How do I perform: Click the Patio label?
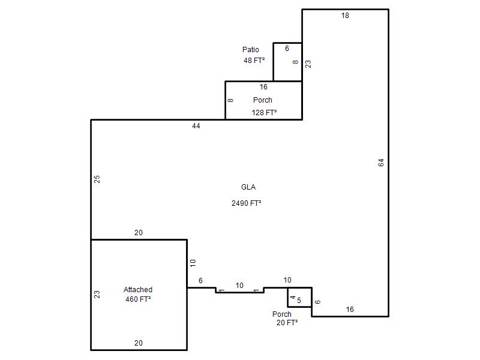(250, 50)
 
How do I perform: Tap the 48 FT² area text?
(254, 61)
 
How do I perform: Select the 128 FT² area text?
(264, 113)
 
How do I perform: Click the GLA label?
(248, 187)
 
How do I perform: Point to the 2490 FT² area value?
(247, 203)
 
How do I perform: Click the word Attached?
(138, 290)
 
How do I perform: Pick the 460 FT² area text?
(138, 299)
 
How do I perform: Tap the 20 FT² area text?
(287, 323)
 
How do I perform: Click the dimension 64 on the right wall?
(381, 163)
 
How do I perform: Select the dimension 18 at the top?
(345, 16)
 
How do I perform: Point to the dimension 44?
(196, 126)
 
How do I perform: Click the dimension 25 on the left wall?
(97, 179)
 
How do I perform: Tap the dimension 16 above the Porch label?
(263, 87)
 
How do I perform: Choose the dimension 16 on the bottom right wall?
(350, 310)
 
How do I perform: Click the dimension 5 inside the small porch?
(299, 301)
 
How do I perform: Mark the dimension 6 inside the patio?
(287, 49)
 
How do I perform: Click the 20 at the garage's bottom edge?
(139, 343)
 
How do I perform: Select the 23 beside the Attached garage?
(97, 295)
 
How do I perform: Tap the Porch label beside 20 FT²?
(281, 314)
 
